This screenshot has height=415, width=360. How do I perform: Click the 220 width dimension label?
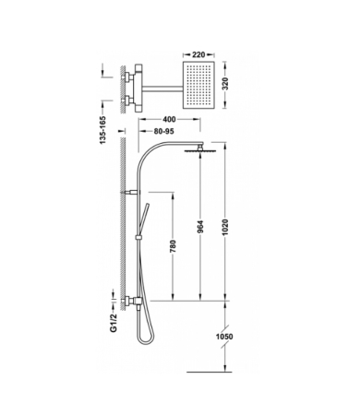[x=198, y=54]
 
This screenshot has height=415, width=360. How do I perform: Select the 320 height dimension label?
[x=225, y=84]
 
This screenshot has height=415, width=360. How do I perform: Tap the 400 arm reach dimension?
[x=169, y=119]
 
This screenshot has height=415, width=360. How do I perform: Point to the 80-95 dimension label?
[x=163, y=131]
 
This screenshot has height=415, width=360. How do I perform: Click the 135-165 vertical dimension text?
[x=102, y=130]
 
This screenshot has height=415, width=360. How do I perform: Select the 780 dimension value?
[x=173, y=246]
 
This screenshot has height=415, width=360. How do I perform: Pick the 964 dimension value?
[x=200, y=227]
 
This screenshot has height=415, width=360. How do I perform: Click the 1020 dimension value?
[x=225, y=228]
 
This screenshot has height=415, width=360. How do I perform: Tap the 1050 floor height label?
[x=224, y=337]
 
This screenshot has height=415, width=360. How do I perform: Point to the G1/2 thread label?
[x=114, y=323]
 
